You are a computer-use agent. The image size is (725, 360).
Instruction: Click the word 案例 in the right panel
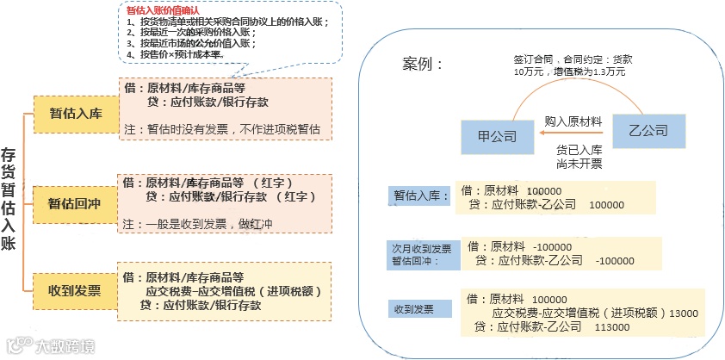tap(423, 65)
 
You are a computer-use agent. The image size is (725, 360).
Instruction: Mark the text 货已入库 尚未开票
tap(579, 154)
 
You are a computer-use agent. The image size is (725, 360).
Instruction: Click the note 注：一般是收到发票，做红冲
tap(195, 223)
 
